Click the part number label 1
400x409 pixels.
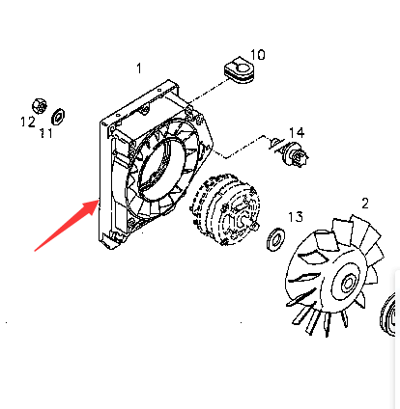(x=139, y=68)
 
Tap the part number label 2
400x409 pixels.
(x=364, y=204)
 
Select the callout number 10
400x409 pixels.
(x=258, y=55)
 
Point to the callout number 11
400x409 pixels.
(x=46, y=133)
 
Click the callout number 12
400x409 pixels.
(x=28, y=122)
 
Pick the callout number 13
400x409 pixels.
(x=296, y=217)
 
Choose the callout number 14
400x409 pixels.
(x=297, y=132)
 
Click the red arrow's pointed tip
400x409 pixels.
(x=99, y=200)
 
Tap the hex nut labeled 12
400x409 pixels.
(x=40, y=106)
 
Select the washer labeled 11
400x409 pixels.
(x=58, y=117)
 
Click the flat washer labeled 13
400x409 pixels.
(x=275, y=239)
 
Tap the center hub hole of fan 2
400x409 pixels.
(x=348, y=283)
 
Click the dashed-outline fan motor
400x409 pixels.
(x=225, y=210)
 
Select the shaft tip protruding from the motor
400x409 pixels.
(x=255, y=227)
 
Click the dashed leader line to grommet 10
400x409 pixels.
(x=210, y=92)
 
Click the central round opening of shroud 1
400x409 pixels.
(x=162, y=167)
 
